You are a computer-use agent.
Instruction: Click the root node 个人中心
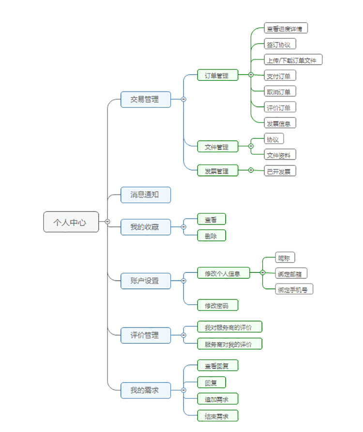coord(71,222)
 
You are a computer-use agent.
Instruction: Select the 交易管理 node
coord(146,99)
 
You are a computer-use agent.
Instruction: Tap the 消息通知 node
coord(146,195)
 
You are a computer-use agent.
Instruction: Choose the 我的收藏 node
coord(146,227)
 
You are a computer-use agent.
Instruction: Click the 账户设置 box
coord(146,281)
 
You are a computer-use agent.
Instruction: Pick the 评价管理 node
coord(146,335)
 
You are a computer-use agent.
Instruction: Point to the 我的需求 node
coord(146,390)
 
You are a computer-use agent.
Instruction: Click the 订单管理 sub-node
coord(217,75)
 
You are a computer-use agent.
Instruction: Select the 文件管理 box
coord(217,146)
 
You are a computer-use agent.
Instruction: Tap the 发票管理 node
coord(217,170)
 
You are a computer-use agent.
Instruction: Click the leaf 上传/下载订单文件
coord(293,60)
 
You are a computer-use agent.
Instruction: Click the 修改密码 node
coord(217,305)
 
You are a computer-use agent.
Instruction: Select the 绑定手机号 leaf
coord(294,289)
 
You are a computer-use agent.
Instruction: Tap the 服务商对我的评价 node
coord(229,344)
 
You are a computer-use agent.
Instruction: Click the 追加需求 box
coord(217,399)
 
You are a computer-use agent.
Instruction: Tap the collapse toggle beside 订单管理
coord(251,75)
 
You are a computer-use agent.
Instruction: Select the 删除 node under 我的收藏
coord(212,236)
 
